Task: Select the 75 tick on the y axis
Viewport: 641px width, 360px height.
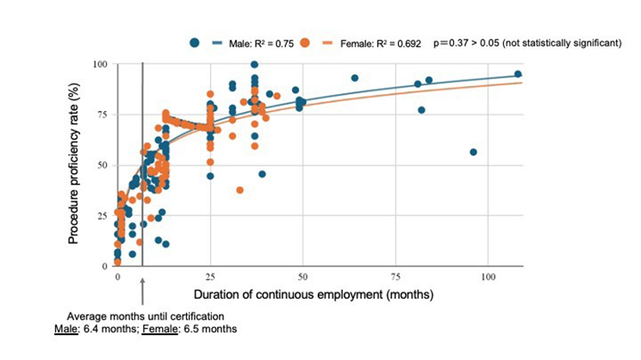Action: click(101, 115)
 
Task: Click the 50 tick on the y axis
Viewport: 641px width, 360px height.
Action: click(101, 165)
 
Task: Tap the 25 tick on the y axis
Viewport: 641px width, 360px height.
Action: click(101, 215)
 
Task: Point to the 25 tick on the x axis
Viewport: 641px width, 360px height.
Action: click(210, 278)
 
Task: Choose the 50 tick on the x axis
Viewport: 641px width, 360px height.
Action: click(302, 278)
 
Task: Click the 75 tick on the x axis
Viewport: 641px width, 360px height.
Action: click(394, 278)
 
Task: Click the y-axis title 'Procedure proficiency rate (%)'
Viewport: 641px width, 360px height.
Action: click(75, 164)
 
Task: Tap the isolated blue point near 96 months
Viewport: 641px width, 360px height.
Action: click(473, 152)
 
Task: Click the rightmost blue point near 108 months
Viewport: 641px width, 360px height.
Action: click(518, 74)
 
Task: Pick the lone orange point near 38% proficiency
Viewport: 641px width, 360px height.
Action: click(240, 189)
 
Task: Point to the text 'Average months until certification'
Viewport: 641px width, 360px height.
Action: click(141, 315)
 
